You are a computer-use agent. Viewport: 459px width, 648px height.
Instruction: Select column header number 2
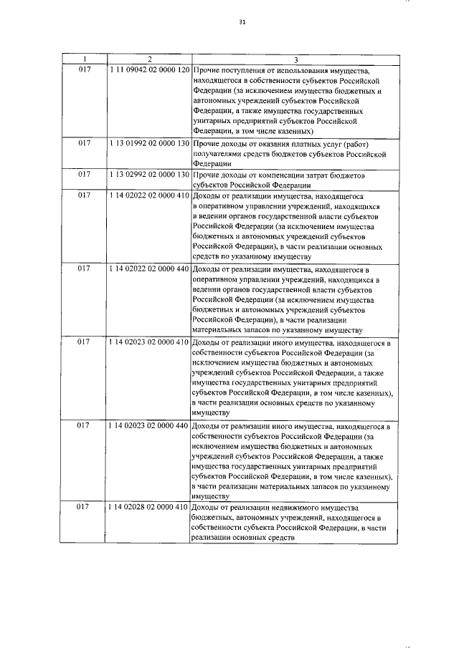(x=149, y=59)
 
